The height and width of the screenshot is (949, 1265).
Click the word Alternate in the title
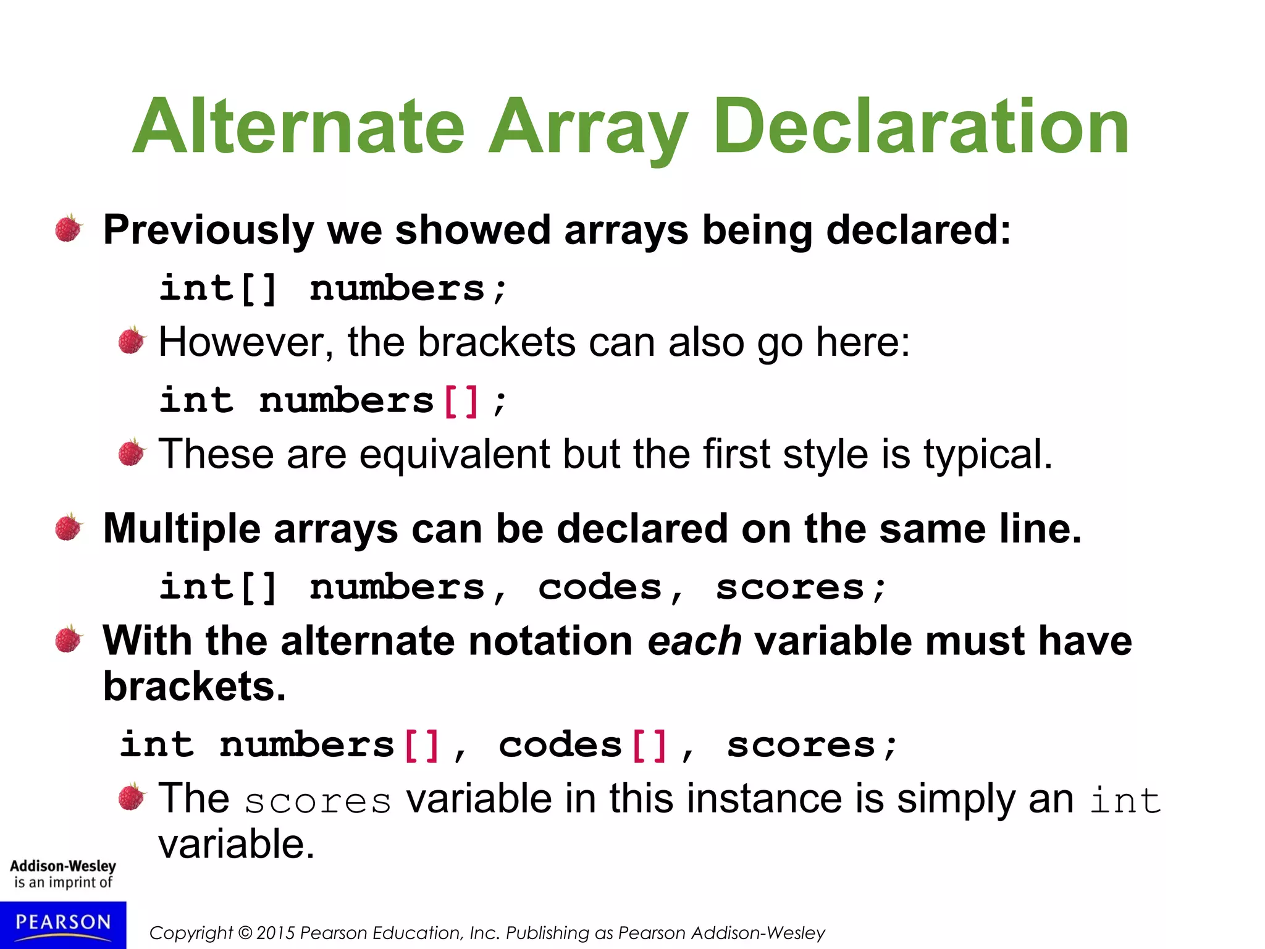pos(298,127)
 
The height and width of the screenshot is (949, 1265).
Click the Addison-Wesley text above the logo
pos(63,866)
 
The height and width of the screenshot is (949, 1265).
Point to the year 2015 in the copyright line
pos(276,933)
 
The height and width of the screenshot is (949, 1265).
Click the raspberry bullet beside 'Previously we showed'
pos(69,229)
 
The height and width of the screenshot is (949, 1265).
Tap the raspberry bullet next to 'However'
pos(132,340)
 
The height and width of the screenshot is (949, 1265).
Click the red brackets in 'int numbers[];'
pos(461,401)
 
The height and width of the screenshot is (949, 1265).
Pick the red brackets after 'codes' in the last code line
pos(650,745)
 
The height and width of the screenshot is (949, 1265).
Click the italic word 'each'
pos(694,641)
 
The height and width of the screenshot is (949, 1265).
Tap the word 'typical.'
pos(988,455)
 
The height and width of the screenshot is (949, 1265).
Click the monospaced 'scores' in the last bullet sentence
pos(317,801)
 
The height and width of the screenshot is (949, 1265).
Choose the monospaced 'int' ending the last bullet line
pos(1125,801)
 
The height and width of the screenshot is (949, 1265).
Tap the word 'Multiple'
pos(182,529)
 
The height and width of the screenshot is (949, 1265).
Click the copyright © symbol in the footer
pos(245,933)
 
